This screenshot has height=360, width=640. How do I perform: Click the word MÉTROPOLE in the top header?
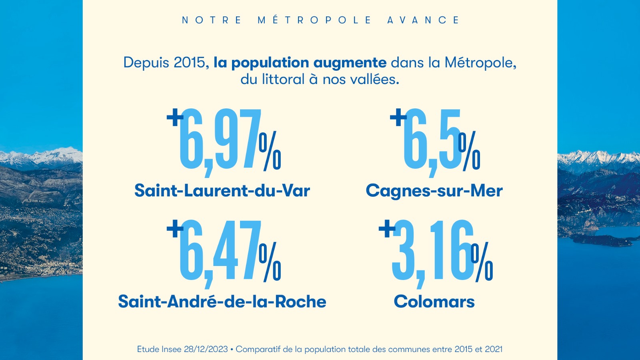[x=314, y=20]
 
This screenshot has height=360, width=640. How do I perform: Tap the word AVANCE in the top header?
[x=423, y=20]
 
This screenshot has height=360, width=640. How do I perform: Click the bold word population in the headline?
[x=270, y=63]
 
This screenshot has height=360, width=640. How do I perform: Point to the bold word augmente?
[x=350, y=63]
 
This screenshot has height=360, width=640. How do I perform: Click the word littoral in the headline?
[x=283, y=79]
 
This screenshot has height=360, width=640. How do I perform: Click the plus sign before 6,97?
[x=175, y=117]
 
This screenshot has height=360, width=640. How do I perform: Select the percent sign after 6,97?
[x=270, y=151]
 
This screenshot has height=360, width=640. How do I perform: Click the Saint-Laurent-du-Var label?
[x=222, y=190]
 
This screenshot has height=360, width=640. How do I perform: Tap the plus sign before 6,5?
[x=398, y=117]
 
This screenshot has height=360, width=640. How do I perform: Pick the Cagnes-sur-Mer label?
[x=434, y=191]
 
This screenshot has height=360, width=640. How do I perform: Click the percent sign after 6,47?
[x=270, y=262]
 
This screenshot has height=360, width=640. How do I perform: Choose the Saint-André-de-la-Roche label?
[x=222, y=302]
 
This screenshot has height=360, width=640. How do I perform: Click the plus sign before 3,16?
[x=387, y=229]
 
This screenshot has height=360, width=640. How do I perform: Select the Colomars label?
[x=434, y=302]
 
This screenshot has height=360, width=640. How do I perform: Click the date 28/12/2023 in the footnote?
[x=206, y=349]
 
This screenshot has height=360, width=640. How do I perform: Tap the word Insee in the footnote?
[x=172, y=349]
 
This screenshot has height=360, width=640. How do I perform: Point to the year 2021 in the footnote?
[x=494, y=349]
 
